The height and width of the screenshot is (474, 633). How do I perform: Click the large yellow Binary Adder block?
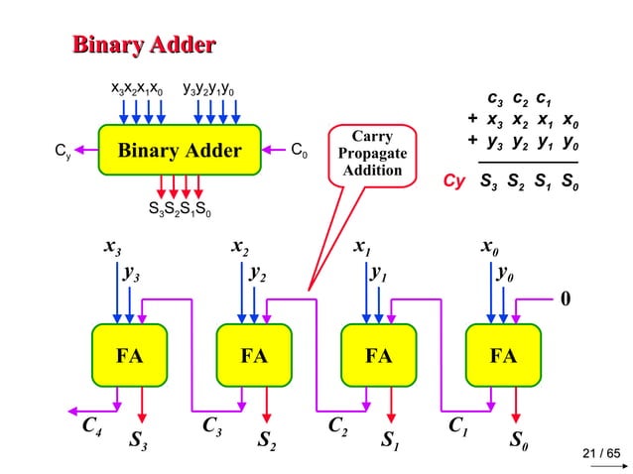[180, 152]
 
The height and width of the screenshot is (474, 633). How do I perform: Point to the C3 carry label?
[212, 427]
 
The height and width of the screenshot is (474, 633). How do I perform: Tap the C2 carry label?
[337, 427]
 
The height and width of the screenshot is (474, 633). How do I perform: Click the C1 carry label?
[459, 427]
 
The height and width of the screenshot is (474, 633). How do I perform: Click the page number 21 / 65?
[599, 454]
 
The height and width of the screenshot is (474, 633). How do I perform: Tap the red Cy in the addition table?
[453, 181]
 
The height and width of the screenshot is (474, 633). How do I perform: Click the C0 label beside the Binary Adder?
[298, 152]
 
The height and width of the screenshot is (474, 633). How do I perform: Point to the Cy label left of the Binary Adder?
[61, 152]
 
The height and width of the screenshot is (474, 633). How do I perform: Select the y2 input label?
[258, 274]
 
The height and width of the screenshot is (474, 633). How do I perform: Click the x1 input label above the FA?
[362, 246]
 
